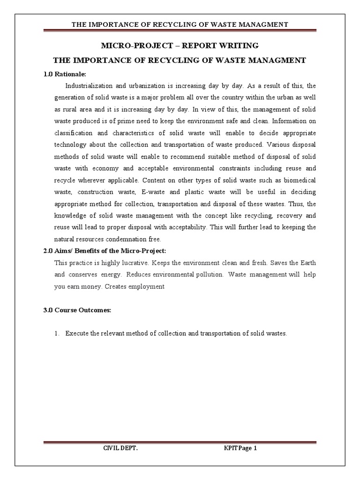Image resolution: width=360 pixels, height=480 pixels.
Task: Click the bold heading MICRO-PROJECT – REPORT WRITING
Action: [180, 45]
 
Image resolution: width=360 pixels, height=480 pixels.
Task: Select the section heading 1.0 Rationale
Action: [64, 74]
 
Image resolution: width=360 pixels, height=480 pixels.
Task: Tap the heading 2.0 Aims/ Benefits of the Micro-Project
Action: [105, 251]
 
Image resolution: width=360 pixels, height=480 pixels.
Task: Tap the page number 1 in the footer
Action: [255, 448]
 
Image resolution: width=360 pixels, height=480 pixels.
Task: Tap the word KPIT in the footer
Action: [231, 448]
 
